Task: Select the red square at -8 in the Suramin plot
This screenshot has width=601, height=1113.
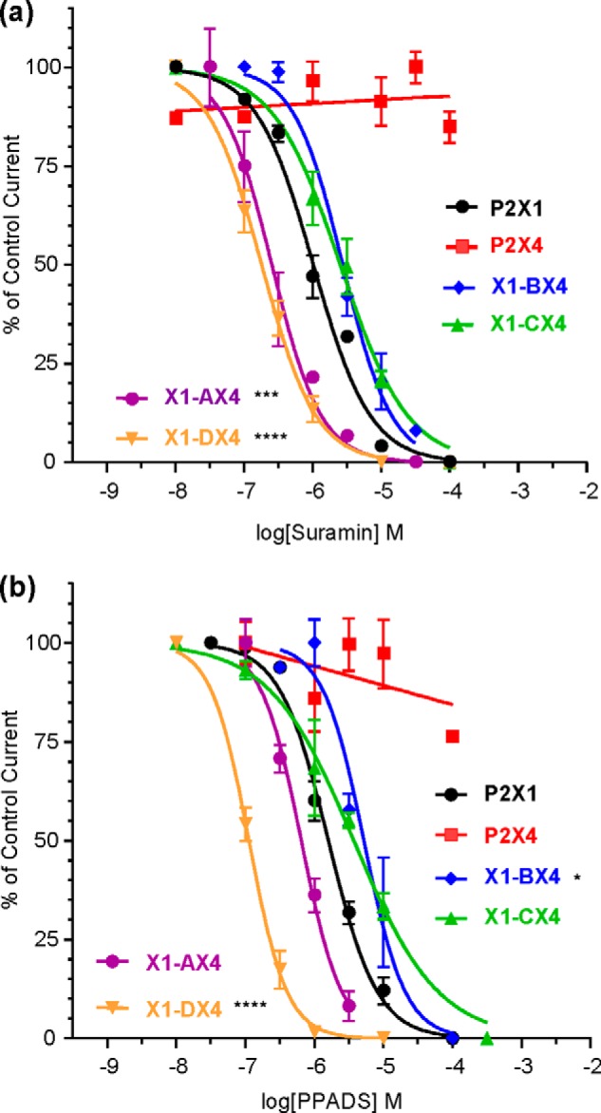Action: coord(176,117)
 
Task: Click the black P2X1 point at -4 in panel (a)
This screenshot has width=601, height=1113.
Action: coord(450,462)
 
